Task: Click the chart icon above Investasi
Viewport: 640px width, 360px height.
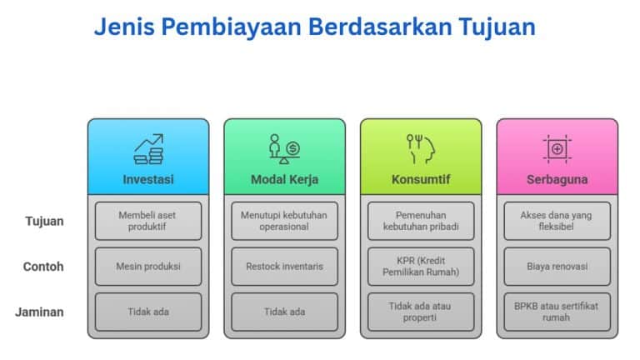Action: (x=148, y=149)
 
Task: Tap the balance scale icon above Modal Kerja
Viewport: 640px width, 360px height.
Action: (x=284, y=149)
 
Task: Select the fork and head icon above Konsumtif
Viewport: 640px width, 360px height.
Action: (x=421, y=149)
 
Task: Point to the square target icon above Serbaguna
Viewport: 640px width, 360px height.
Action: (x=557, y=149)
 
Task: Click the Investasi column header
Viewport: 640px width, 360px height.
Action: (x=148, y=179)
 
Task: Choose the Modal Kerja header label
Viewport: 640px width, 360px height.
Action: (x=284, y=179)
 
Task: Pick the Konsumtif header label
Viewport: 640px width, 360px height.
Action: (x=421, y=179)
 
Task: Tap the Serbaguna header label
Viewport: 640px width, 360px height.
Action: (x=557, y=179)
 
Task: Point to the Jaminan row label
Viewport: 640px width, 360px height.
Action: (x=39, y=312)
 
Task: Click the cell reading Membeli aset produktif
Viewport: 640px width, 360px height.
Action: (x=148, y=221)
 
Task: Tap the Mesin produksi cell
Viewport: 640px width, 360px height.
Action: (x=148, y=267)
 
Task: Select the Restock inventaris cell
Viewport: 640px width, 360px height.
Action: (x=284, y=267)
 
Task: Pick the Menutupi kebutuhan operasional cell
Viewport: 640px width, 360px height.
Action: (x=284, y=221)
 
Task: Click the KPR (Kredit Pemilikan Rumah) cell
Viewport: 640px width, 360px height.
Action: (x=421, y=267)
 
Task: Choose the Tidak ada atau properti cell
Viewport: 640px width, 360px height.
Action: (x=421, y=312)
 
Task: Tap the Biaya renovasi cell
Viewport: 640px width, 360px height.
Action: (x=557, y=267)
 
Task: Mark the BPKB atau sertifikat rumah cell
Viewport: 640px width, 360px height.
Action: (x=557, y=312)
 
